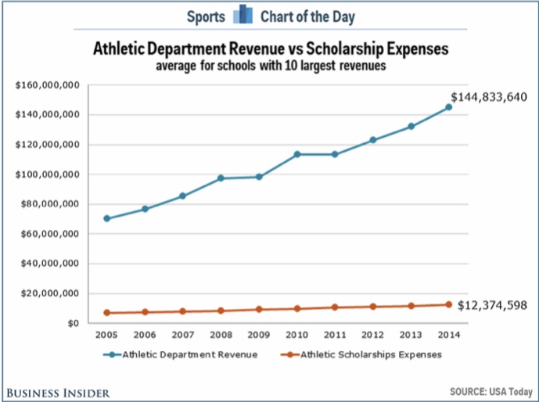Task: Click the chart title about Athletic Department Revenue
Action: pyautogui.click(x=271, y=49)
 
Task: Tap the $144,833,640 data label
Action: pyautogui.click(x=489, y=97)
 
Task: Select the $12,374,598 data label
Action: pyautogui.click(x=493, y=304)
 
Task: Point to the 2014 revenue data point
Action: pyautogui.click(x=448, y=107)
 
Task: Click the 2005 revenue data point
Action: pyautogui.click(x=106, y=218)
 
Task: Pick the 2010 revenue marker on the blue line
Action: pyautogui.click(x=296, y=154)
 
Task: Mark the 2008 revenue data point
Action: pyautogui.click(x=221, y=178)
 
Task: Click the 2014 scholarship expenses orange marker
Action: pyautogui.click(x=448, y=304)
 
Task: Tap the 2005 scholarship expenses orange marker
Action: pyautogui.click(x=106, y=313)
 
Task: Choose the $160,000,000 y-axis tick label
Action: pyautogui.click(x=46, y=84)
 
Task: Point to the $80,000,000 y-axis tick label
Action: pyautogui.click(x=48, y=203)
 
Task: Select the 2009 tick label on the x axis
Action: pyautogui.click(x=258, y=335)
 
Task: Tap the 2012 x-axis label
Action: pyautogui.click(x=372, y=335)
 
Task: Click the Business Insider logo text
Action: pyautogui.click(x=59, y=391)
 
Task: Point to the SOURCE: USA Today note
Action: pyautogui.click(x=489, y=391)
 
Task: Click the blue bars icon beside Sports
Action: pyautogui.click(x=243, y=14)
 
